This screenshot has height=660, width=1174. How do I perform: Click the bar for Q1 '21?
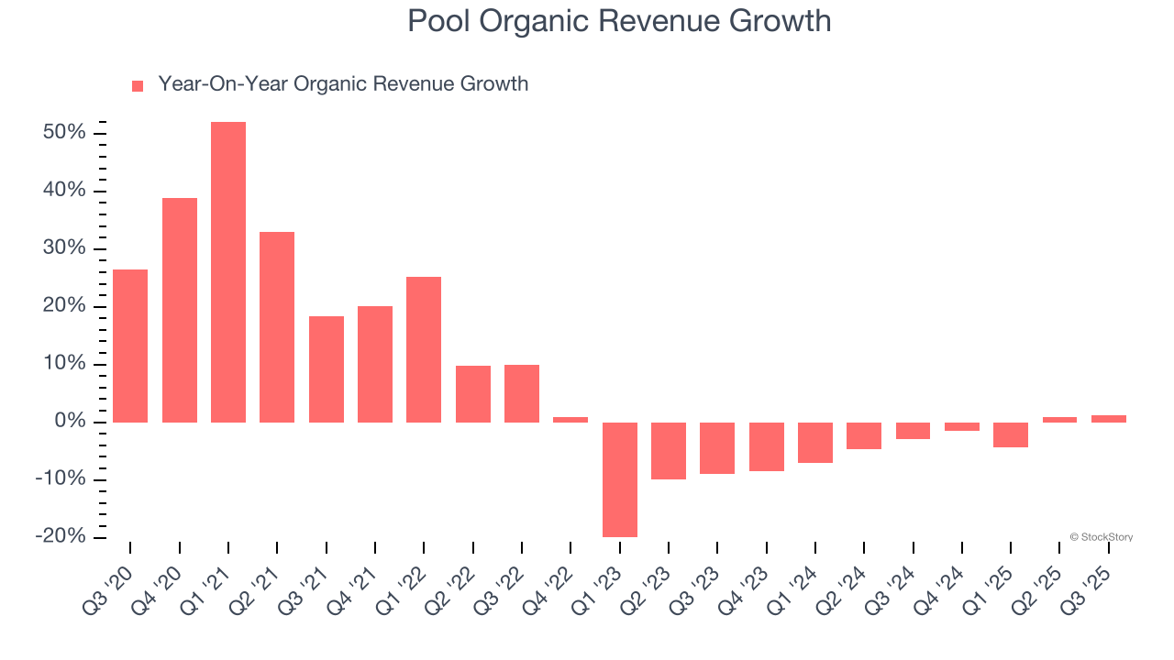coord(228,272)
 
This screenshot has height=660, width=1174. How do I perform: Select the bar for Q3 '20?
coord(130,346)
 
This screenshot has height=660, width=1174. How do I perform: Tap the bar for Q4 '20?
coord(180,310)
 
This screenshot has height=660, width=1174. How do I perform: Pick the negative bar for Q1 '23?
coord(620,479)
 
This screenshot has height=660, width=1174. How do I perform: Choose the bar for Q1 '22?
coord(424,349)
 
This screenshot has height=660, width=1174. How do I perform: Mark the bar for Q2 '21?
coord(277,327)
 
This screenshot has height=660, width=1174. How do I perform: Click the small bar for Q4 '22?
coord(570,420)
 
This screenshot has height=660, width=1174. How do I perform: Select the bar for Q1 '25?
coord(1011,434)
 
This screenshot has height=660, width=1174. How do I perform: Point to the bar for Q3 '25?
coord(1109,419)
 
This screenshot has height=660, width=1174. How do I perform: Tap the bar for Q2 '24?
coord(864,435)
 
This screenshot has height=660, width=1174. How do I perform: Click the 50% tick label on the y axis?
coord(64,133)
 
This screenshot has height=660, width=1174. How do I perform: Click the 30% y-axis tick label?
coord(64,248)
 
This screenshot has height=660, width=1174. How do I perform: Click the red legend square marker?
coord(138,86)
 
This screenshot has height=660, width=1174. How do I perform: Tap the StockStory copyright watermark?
coord(1101,537)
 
